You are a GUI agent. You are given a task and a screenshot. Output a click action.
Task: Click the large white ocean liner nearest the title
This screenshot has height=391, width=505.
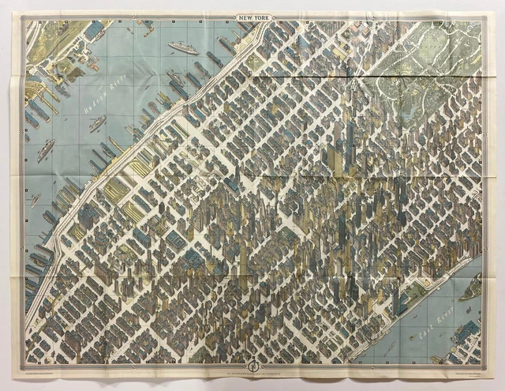[x=183, y=48]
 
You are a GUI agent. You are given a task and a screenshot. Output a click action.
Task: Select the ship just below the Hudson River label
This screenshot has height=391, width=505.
[x=97, y=123]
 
